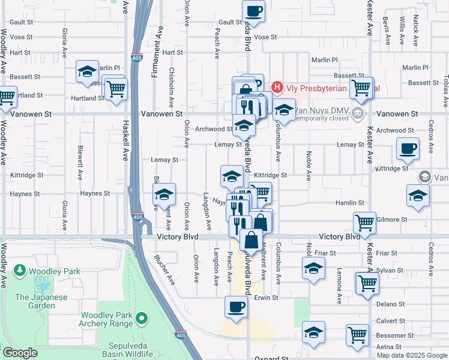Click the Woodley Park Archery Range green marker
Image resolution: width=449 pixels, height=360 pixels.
[x=142, y=317]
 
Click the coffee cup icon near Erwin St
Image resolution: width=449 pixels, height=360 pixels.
[x=236, y=308]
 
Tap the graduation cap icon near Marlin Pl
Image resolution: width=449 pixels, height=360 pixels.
[x=88, y=72]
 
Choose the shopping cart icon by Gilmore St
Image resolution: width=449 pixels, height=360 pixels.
[x=364, y=223]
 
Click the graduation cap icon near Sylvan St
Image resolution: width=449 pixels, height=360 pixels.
[x=313, y=271]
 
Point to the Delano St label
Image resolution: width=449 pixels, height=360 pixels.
[x=387, y=304]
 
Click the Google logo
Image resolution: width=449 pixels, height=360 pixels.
[x=20, y=353]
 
